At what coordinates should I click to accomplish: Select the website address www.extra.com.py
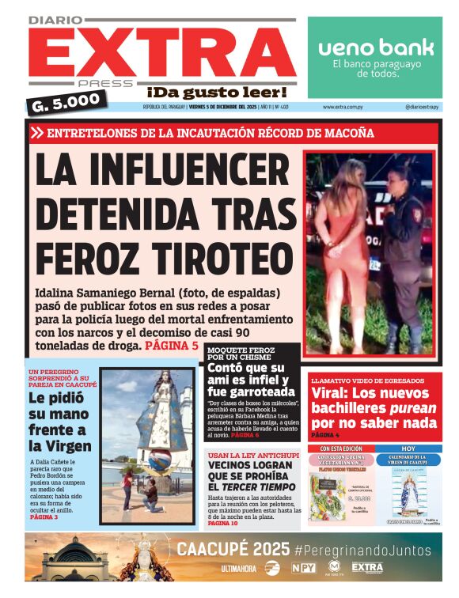343,107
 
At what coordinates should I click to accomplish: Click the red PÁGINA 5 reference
172,346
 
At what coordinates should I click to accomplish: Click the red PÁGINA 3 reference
44,517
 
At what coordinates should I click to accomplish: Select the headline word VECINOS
238,467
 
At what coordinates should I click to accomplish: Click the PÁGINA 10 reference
223,523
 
